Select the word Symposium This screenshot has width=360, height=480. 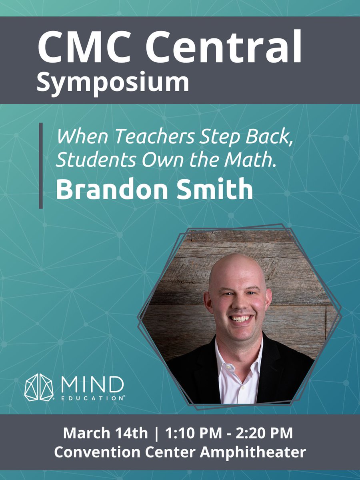[113, 82]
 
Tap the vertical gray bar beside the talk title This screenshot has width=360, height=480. [41, 166]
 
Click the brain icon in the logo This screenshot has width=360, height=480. [39, 387]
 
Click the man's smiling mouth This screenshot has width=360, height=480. [242, 318]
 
